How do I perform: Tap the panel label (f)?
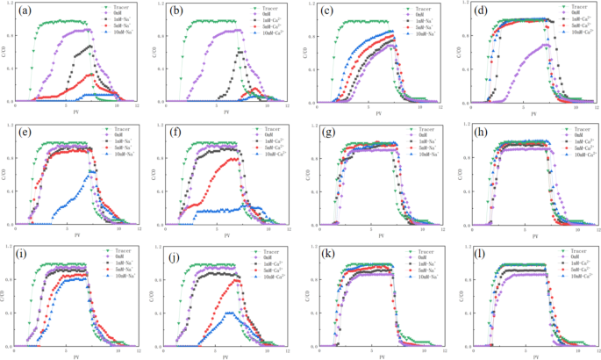174,133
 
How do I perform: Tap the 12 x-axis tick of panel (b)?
290,107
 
